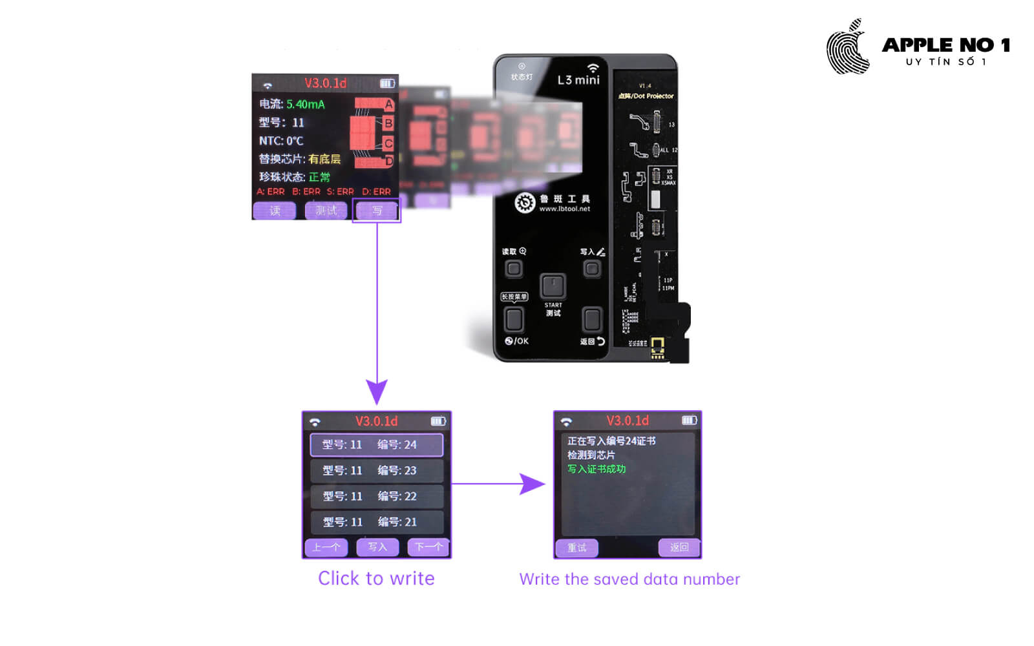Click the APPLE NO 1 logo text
[x=945, y=45]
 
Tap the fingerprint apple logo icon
[x=849, y=48]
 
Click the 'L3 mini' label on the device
[x=578, y=80]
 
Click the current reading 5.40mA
[x=306, y=104]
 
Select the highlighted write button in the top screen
[x=377, y=211]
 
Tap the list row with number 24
[x=376, y=444]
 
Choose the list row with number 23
[x=376, y=470]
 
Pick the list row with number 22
[x=376, y=496]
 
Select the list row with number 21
[x=376, y=522]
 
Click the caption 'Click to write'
[x=376, y=578]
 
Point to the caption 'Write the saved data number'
[x=629, y=579]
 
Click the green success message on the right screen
[x=596, y=469]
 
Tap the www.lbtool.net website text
[x=564, y=209]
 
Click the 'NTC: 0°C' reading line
[x=281, y=140]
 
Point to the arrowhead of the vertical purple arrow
[x=377, y=392]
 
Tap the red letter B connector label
[x=388, y=123]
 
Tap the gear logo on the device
[x=525, y=203]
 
